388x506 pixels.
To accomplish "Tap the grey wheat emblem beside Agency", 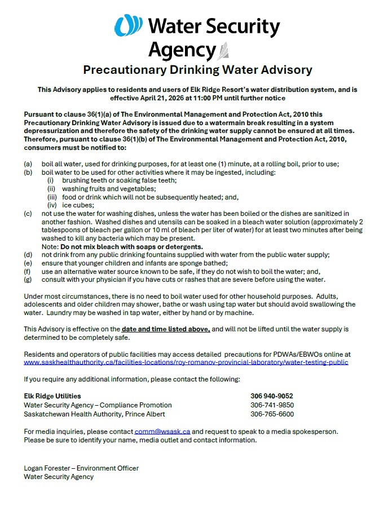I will coord(223,51).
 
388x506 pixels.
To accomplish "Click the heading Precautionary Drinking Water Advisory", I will coord(197,70).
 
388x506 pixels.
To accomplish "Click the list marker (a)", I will coord(28,164).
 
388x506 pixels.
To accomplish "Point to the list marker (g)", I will coord(28,279).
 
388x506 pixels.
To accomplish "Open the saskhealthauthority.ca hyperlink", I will coord(186,362).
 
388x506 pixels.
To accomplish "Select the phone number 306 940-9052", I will coord(272,396).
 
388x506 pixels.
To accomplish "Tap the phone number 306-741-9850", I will coord(272,405).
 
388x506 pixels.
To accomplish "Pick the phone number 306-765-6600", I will coord(272,414).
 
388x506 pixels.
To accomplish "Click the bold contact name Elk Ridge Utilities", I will coord(52,396).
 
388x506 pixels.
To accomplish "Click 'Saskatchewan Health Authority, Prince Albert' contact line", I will coord(94,414).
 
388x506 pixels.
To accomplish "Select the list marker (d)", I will coord(28,255).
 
